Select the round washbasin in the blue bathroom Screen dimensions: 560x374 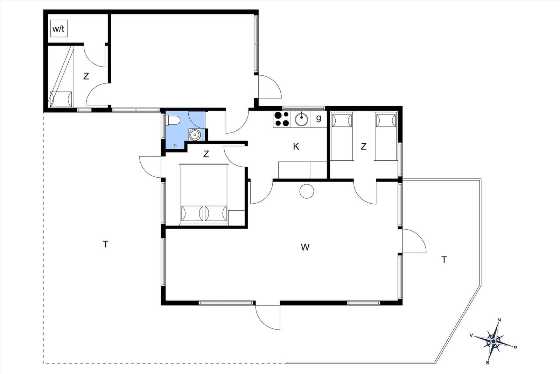194,135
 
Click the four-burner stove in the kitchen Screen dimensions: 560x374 281,119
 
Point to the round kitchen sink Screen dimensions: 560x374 301,119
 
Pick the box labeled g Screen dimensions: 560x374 318,119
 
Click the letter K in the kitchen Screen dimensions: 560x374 296,147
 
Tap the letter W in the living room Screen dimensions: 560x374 305,247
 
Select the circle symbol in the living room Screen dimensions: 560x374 307,191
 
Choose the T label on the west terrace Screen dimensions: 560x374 105,244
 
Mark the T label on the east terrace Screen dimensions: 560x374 444,260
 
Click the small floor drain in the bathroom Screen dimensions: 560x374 175,145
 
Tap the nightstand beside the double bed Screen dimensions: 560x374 236,218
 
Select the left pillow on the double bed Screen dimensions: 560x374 192,213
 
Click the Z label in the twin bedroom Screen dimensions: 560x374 364,146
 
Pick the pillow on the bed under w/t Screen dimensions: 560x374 61,100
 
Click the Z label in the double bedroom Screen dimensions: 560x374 206,154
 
